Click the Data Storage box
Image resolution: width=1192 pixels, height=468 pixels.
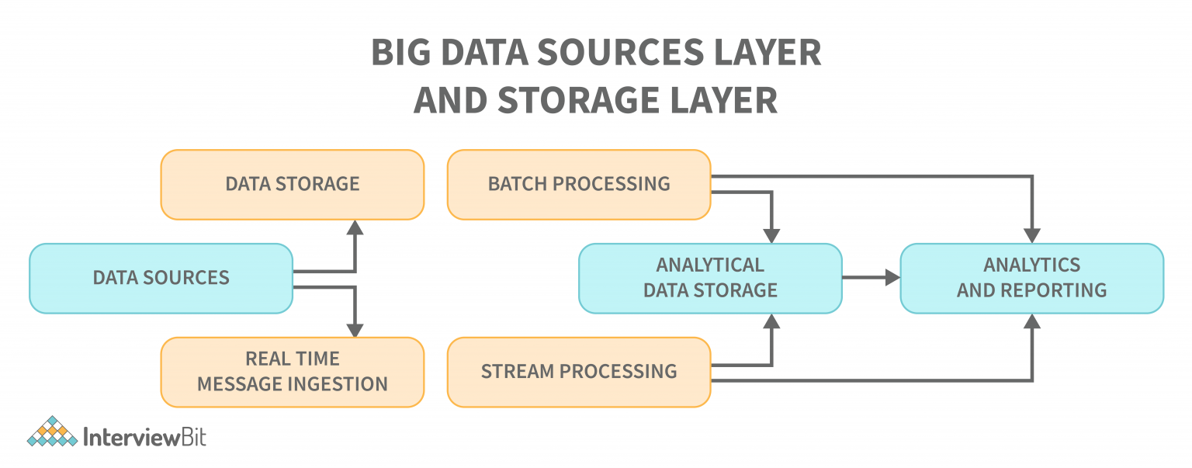click(x=293, y=185)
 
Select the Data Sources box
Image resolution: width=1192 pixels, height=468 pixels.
click(x=161, y=278)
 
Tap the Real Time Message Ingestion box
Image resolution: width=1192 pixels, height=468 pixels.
click(x=293, y=372)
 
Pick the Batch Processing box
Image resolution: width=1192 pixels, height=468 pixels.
click(x=579, y=185)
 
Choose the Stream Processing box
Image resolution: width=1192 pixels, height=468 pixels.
click(x=579, y=372)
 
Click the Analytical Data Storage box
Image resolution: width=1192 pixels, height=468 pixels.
click(x=710, y=278)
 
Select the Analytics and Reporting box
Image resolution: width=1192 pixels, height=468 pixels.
click(x=1031, y=278)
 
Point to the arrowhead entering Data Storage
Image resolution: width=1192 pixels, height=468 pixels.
click(x=355, y=227)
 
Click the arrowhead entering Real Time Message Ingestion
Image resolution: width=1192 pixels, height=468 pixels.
click(x=355, y=329)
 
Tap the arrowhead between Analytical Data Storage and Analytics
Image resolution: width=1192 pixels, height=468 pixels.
click(x=892, y=277)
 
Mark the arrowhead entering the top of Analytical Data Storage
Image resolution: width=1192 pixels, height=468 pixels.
click(x=771, y=236)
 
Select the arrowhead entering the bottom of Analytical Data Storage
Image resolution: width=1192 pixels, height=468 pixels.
click(x=771, y=321)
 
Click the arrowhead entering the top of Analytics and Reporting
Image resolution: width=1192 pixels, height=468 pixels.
click(x=1031, y=236)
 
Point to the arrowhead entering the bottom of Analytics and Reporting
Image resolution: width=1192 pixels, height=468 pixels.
click(x=1031, y=321)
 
